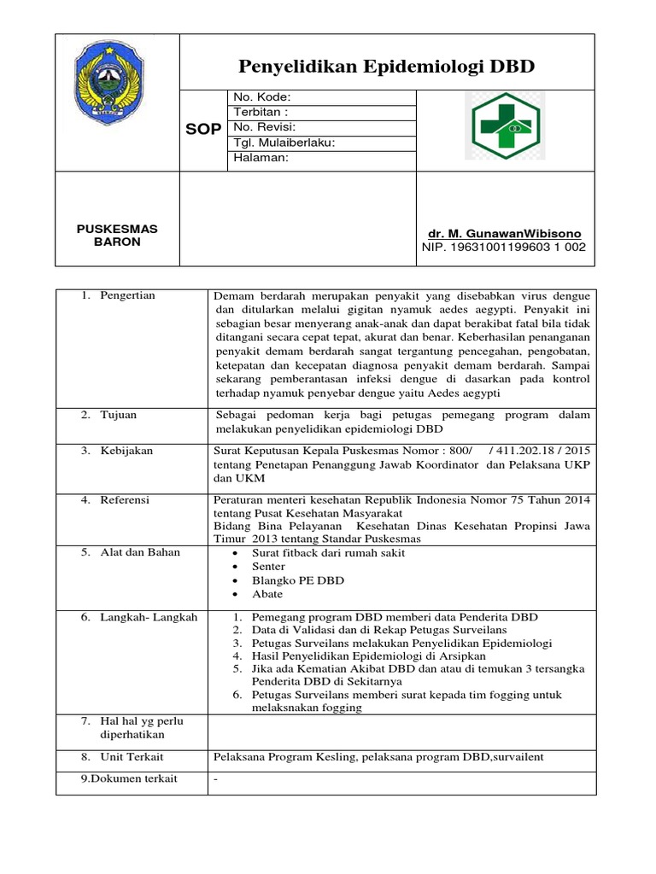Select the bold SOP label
(203, 128)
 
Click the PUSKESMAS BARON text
(117, 236)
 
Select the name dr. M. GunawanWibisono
(504, 234)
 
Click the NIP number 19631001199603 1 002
(504, 248)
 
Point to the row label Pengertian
(127, 295)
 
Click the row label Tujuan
(119, 415)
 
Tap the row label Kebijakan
(126, 451)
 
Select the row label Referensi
(125, 500)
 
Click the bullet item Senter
(268, 567)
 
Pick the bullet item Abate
(267, 594)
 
